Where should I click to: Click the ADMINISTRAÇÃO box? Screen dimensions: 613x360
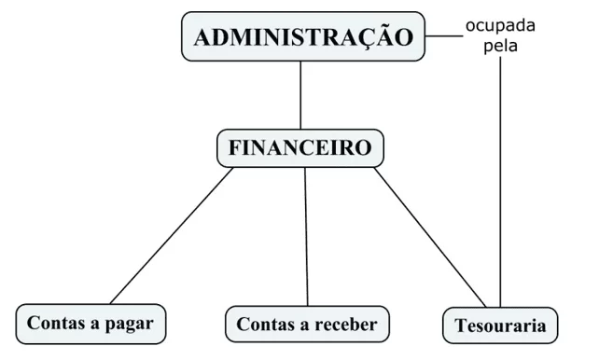tap(303, 36)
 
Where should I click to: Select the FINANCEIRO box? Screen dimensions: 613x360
tap(300, 148)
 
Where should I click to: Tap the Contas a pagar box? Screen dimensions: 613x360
tap(91, 324)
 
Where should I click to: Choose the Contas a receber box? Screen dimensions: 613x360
tap(307, 325)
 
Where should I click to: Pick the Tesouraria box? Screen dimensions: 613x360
tap(500, 325)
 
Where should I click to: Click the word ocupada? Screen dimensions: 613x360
tap(500, 26)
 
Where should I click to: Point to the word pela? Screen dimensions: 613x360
tap(501, 46)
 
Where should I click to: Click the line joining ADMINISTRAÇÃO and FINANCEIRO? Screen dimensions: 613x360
tap(300, 95)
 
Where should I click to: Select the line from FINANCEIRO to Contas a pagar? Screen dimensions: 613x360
tap(172, 236)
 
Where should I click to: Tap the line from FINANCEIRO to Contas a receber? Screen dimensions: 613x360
tap(306, 237)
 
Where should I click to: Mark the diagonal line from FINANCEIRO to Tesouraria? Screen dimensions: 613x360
tap(430, 237)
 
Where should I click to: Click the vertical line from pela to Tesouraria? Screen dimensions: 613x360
tap(500, 182)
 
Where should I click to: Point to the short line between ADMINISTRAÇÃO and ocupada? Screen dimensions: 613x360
tap(444, 36)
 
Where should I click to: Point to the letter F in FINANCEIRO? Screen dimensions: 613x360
tap(235, 147)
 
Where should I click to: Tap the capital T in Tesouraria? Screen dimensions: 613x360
tap(462, 325)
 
